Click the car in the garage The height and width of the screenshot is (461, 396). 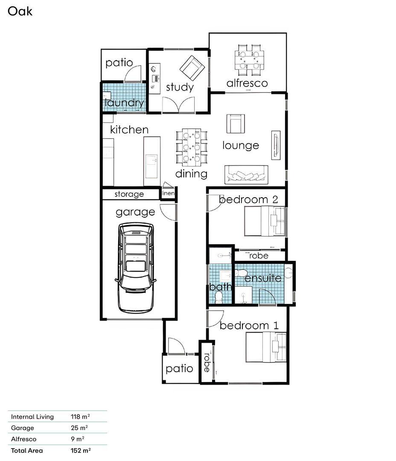(x=136, y=268)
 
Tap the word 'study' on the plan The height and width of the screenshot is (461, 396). (x=180, y=88)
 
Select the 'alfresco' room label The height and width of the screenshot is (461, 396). (x=247, y=83)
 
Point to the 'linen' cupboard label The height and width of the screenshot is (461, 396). (x=168, y=193)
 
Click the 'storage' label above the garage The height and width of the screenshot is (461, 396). (x=129, y=194)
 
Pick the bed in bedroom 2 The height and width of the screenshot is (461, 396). (x=265, y=221)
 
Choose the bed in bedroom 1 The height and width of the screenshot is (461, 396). (x=266, y=347)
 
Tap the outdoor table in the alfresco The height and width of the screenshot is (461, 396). (x=249, y=60)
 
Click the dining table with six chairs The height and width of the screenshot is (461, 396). (x=191, y=147)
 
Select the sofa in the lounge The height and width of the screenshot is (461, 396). (x=246, y=175)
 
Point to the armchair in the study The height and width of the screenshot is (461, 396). (x=192, y=68)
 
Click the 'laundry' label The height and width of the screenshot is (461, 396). (x=124, y=103)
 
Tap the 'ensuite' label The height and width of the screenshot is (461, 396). (x=263, y=278)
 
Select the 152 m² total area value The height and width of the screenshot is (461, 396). (x=81, y=450)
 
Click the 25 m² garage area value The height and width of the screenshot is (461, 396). (x=79, y=428)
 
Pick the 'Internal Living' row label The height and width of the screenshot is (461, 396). (x=32, y=417)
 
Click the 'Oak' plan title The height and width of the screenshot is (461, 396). (x=20, y=11)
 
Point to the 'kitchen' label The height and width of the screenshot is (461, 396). (x=129, y=130)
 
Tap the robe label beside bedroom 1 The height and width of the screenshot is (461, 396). (x=207, y=362)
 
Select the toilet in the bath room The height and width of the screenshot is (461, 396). (x=219, y=298)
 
